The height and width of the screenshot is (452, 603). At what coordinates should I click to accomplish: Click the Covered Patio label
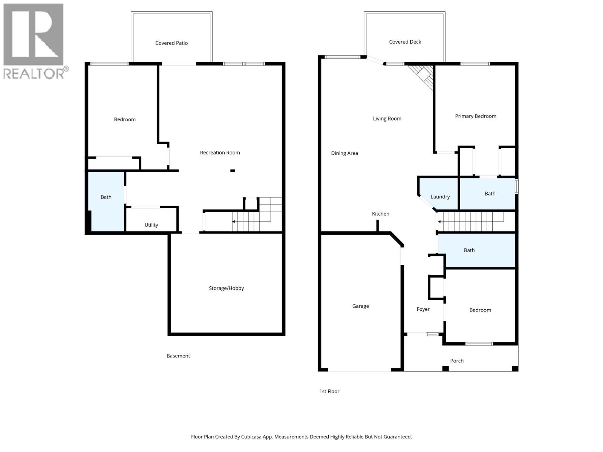[x=171, y=43]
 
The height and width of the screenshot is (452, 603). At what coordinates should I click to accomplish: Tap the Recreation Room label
[x=220, y=153]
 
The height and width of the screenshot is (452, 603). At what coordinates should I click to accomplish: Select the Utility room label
[x=151, y=225]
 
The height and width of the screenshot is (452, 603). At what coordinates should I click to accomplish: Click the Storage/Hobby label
[x=226, y=288]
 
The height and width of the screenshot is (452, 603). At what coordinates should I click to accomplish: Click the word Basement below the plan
[x=178, y=356]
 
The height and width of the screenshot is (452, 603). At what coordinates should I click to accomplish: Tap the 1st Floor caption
[x=329, y=391]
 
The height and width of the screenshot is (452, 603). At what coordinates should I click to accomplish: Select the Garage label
[x=360, y=306]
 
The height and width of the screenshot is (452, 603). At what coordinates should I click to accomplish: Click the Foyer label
[x=423, y=309]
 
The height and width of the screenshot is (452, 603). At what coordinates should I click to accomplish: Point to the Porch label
[x=457, y=361]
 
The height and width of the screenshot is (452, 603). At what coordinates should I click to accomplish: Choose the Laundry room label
[x=440, y=197]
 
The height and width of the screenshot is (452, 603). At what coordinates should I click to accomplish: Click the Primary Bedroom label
[x=475, y=116]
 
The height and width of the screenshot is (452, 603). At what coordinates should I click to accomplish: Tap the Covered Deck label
[x=405, y=42]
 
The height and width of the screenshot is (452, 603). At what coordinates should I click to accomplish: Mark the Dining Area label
[x=344, y=153]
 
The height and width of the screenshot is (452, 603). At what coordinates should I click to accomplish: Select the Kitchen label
[x=380, y=214]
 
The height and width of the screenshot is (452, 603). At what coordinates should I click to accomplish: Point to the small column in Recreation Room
[x=233, y=171]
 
